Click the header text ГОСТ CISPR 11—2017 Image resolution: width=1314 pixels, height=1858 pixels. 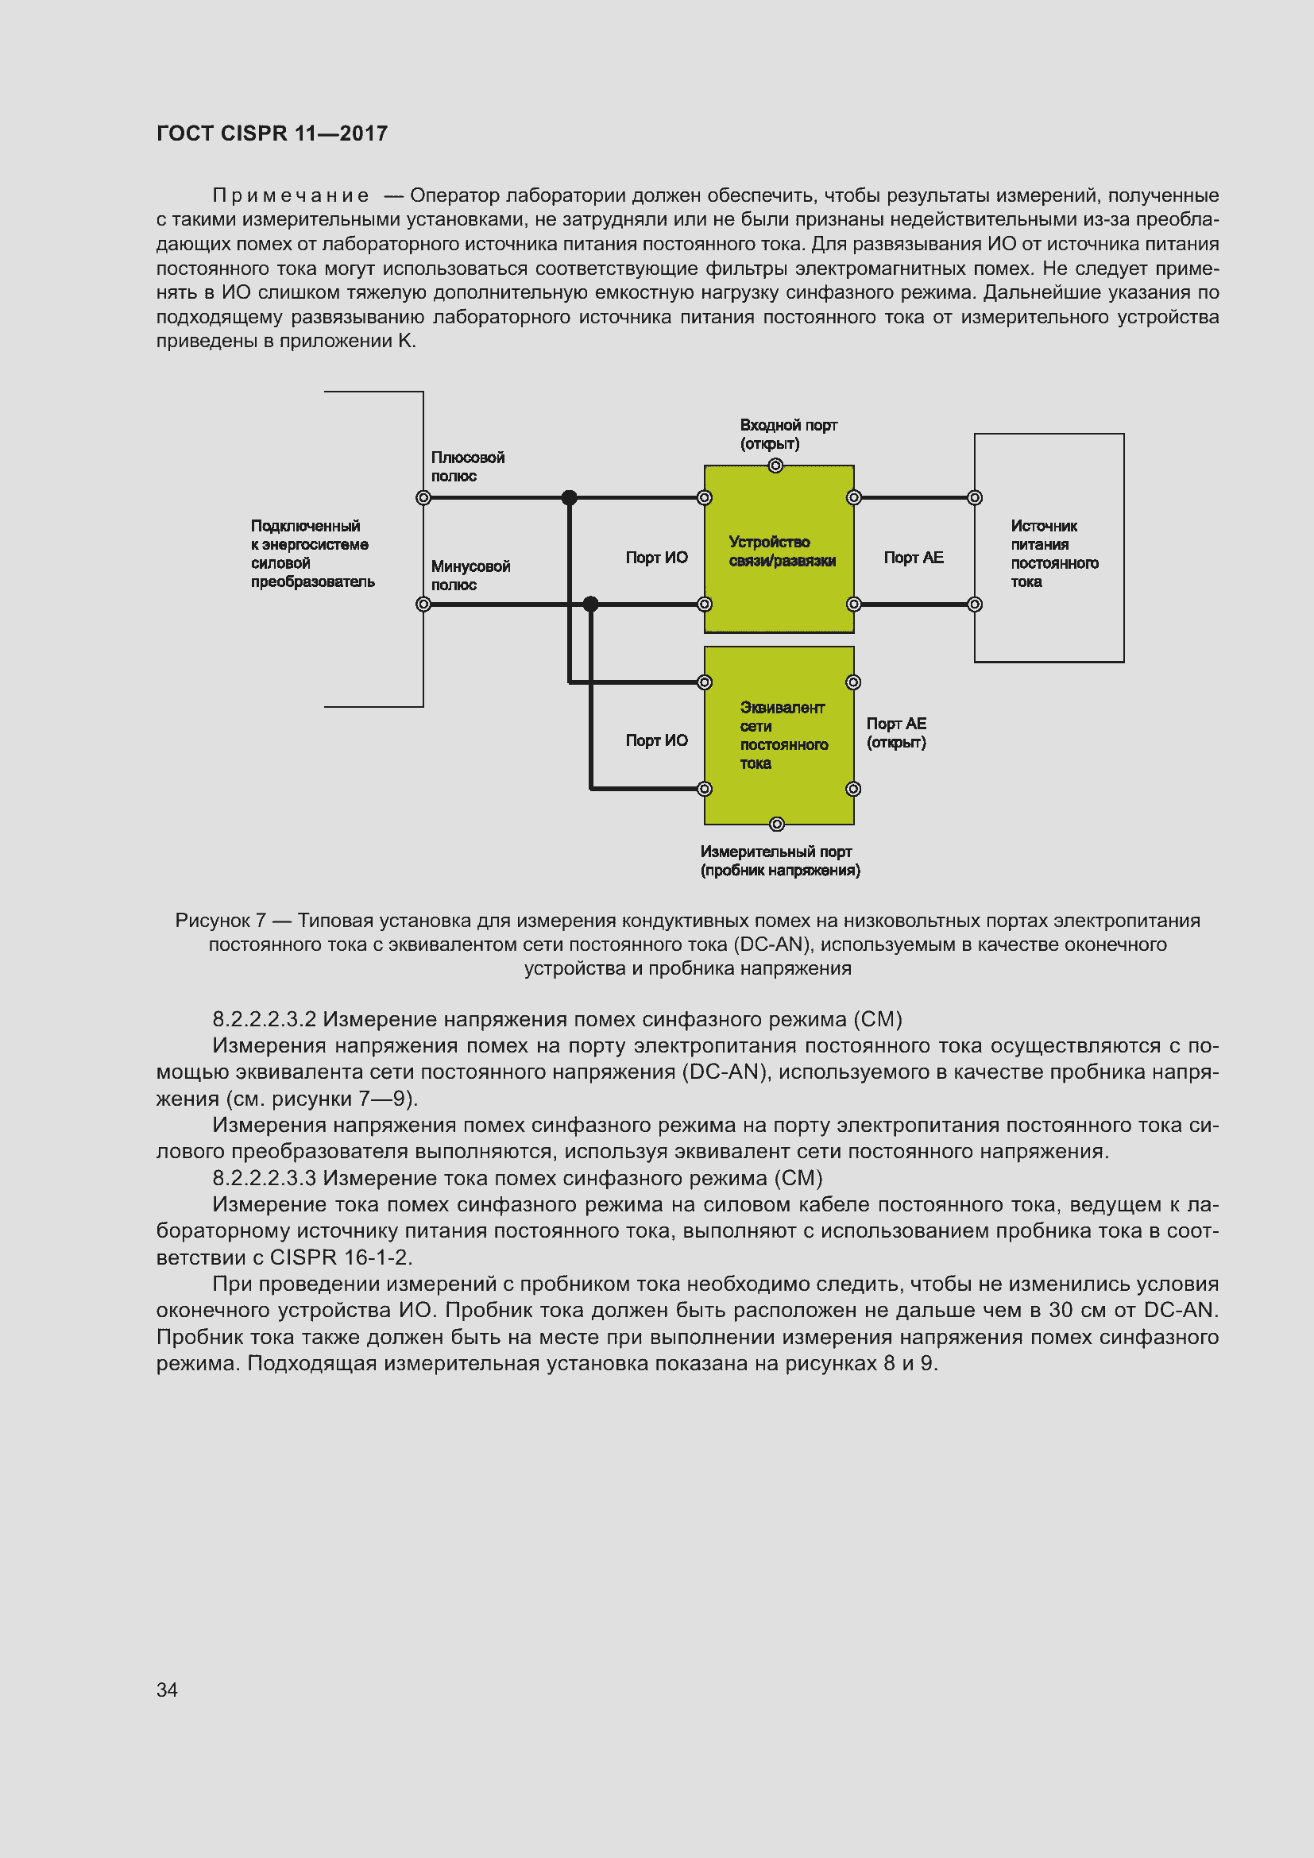272,133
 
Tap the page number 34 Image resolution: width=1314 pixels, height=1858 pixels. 167,1689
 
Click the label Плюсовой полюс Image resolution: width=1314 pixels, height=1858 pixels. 467,467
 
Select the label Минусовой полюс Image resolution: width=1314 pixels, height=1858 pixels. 470,575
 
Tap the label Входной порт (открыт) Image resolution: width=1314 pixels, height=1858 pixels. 787,434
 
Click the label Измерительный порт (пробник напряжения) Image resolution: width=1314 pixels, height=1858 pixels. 779,860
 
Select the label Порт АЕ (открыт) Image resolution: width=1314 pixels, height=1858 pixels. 895,732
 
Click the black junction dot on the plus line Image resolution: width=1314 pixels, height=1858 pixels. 570,498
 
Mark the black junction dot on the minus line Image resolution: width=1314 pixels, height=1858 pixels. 590,604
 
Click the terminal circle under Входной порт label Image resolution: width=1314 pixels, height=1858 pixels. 775,465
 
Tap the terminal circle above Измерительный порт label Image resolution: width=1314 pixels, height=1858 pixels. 777,824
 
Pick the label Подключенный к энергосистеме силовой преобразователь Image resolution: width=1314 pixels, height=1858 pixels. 311,554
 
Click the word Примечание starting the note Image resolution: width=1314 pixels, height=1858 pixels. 291,196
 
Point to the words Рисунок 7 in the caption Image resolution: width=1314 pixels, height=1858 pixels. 220,920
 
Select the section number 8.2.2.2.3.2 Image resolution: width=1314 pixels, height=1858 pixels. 264,1019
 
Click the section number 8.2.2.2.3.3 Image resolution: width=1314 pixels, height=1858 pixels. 264,1177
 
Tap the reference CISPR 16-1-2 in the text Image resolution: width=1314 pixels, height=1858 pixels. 340,1257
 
